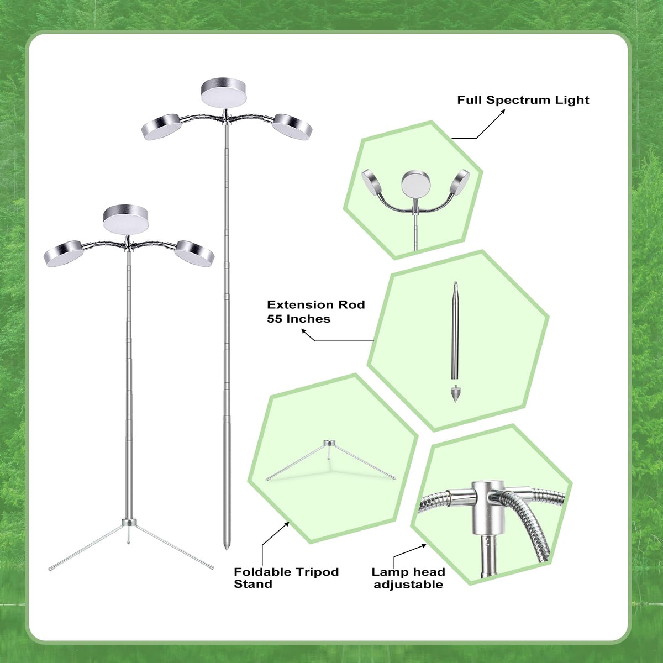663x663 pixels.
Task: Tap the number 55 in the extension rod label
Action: tap(274, 319)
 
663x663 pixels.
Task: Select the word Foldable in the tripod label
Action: tap(258, 572)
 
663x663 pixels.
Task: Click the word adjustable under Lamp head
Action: tap(408, 585)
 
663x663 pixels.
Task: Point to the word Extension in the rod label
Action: tap(298, 305)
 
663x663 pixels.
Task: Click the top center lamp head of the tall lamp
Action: tap(224, 92)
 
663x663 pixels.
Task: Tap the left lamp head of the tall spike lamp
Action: tap(161, 127)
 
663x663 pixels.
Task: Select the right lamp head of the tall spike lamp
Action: tap(292, 127)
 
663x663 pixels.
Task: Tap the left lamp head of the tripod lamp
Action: tap(64, 254)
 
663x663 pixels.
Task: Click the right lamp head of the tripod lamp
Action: tap(194, 254)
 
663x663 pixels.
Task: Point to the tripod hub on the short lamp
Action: tap(129, 522)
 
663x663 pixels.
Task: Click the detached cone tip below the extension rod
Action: tap(455, 393)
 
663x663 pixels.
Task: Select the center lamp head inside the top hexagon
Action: tap(415, 184)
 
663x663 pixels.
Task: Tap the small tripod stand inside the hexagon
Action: tap(330, 460)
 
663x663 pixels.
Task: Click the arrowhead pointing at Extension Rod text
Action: tap(304, 331)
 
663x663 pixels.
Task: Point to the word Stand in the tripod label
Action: tap(253, 584)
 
